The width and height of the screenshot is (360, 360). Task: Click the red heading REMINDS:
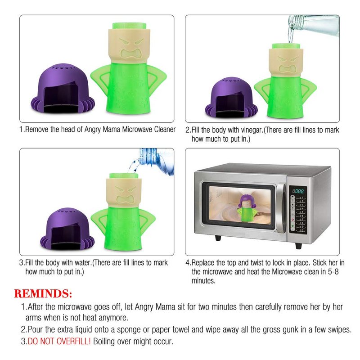tap(43, 294)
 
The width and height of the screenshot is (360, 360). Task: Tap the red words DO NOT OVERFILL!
tap(59, 341)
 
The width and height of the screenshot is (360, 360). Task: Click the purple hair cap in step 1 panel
tap(63, 88)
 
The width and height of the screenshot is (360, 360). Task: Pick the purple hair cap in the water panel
tap(67, 229)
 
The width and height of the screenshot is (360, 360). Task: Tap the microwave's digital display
tap(298, 191)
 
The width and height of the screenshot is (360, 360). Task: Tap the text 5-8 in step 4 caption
tap(333, 272)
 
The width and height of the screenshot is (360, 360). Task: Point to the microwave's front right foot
tap(298, 246)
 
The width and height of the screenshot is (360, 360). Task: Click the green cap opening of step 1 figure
tap(129, 26)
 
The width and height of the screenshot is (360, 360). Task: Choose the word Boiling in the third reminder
tap(104, 342)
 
